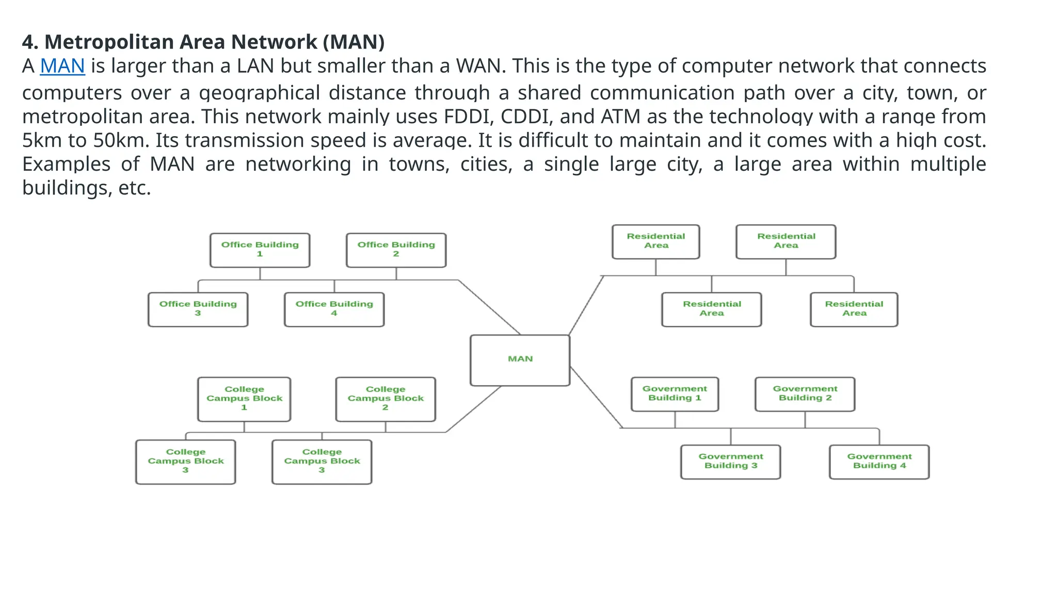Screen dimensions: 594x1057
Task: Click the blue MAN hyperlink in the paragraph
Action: [x=62, y=66]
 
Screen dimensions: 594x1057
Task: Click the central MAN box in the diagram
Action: [x=520, y=359]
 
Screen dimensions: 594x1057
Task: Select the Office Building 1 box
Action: [x=260, y=250]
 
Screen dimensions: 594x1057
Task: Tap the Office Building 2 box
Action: [x=396, y=250]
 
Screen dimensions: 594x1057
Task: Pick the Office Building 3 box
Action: [x=198, y=309]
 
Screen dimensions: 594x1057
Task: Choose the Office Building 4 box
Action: [x=334, y=309]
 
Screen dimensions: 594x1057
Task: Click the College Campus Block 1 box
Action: [x=244, y=399]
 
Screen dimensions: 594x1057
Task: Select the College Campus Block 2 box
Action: [x=385, y=399]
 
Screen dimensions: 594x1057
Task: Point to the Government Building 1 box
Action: [x=675, y=393]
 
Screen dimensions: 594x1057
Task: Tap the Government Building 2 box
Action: [x=805, y=393]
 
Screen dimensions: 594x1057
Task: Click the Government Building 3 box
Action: [x=730, y=461]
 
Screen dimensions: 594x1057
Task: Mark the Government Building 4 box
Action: [x=879, y=461]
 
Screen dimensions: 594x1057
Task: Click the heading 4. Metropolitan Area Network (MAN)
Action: [x=203, y=42]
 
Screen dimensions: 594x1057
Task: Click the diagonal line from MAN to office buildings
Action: [x=489, y=307]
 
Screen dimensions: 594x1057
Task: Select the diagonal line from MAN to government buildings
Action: [x=596, y=397]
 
